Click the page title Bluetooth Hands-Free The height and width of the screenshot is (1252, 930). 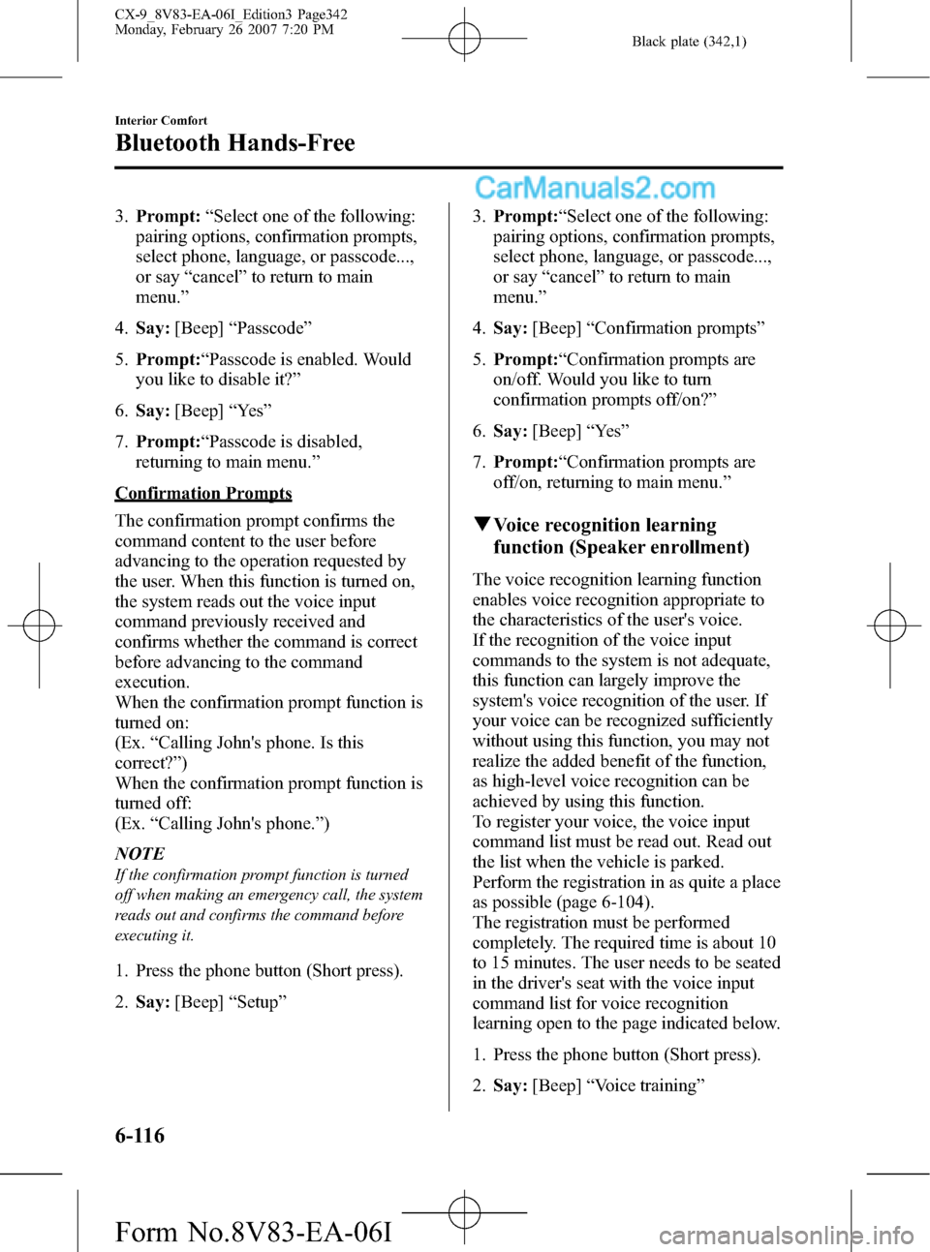234,143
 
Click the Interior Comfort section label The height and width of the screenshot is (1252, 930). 161,121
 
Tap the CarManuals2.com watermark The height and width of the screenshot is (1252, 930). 595,188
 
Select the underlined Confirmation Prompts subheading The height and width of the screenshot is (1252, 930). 203,493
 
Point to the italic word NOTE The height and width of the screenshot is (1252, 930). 139,853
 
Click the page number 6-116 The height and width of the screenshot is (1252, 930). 139,1135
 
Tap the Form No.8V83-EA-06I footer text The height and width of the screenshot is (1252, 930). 253,1232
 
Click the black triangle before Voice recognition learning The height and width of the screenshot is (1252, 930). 481,525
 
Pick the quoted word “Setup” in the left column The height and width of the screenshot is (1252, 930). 258,1002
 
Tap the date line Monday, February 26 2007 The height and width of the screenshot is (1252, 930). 224,30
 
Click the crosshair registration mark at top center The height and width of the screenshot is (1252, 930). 464,40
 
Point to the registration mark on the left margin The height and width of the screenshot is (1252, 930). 39,626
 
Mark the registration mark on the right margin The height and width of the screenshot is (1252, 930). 889,626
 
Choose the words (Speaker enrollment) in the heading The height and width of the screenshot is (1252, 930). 659,547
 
